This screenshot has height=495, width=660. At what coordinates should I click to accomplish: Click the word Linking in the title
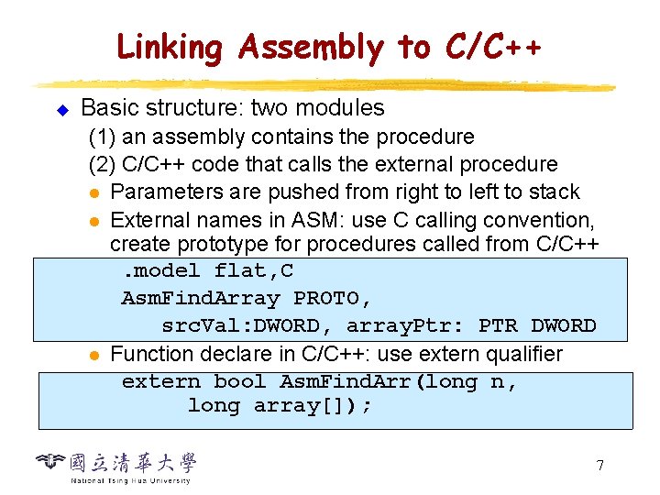click(170, 48)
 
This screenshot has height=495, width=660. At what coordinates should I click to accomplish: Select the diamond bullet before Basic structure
click(62, 110)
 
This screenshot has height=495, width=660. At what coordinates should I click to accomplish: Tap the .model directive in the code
click(161, 271)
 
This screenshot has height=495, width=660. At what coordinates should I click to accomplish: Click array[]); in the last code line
click(313, 406)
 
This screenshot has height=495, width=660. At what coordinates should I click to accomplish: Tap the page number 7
click(599, 466)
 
